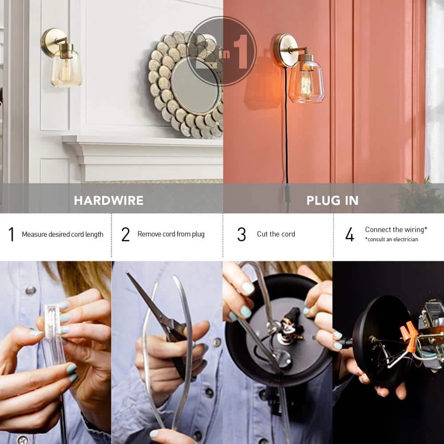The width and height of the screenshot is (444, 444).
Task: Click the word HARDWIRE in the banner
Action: point(109,201)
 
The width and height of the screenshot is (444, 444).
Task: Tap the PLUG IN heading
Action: point(333,201)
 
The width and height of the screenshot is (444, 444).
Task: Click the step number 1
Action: point(12,234)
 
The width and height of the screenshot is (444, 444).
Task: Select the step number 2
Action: point(126,234)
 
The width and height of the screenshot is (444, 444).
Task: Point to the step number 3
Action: point(242,234)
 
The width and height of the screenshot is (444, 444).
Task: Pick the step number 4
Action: point(350,234)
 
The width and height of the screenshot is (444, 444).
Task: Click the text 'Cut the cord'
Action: point(276,234)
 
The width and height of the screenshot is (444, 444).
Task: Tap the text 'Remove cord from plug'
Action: point(171,234)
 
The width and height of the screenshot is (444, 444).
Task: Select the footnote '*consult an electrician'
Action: point(391,239)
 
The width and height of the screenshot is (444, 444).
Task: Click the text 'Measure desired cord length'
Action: point(63,234)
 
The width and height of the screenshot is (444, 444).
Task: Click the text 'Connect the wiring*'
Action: point(396,230)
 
